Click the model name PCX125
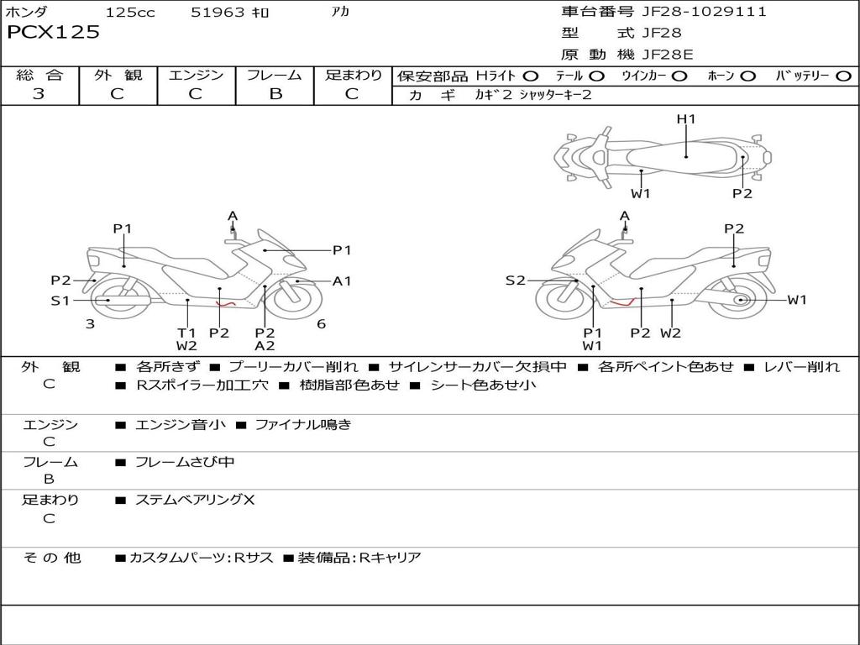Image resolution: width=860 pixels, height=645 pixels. (53, 32)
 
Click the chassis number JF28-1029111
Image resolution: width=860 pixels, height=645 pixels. (705, 12)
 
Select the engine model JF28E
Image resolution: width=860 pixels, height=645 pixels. (668, 55)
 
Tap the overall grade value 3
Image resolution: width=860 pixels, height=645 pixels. (39, 93)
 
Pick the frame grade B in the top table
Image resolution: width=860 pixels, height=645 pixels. (275, 94)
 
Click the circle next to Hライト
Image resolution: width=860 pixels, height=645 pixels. (531, 76)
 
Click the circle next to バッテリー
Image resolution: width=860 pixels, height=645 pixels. (843, 76)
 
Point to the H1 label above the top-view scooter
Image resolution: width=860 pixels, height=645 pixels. (686, 118)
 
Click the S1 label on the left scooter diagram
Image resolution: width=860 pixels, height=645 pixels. (60, 300)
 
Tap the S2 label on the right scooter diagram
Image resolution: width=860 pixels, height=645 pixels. (515, 281)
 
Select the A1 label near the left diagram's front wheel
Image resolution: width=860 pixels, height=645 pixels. (342, 281)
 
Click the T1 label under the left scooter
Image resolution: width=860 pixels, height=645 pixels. (186, 333)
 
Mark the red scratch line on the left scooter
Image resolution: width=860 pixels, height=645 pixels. (225, 303)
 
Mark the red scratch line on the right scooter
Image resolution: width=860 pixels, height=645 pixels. (622, 302)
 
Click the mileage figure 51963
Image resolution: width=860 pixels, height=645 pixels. (218, 12)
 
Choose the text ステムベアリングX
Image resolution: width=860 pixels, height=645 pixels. (195, 500)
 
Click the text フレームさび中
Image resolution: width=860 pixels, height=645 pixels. (185, 462)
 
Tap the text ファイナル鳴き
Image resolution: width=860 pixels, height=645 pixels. (302, 424)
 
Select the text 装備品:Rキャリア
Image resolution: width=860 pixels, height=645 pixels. (359, 558)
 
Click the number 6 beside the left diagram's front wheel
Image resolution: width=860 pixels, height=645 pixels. (322, 323)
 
